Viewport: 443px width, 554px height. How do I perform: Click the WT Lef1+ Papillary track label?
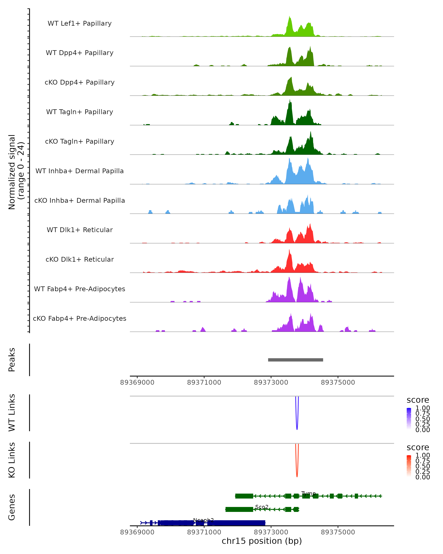[x=80, y=23]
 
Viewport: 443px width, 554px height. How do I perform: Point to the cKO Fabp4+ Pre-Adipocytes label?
[x=80, y=318]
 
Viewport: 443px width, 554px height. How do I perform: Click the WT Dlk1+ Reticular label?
[x=80, y=230]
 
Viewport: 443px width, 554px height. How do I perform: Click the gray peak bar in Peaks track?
[x=295, y=360]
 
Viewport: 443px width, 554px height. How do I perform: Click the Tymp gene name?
[x=308, y=493]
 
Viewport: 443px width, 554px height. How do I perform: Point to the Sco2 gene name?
[x=262, y=507]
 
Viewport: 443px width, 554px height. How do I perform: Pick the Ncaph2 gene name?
[x=203, y=520]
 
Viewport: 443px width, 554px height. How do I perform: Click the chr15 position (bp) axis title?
[x=262, y=541]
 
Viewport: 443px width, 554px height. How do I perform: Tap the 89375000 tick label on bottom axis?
[x=338, y=532]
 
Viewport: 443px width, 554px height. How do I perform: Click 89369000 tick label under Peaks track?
[x=137, y=382]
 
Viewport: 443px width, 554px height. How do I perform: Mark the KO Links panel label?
[x=12, y=460]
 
